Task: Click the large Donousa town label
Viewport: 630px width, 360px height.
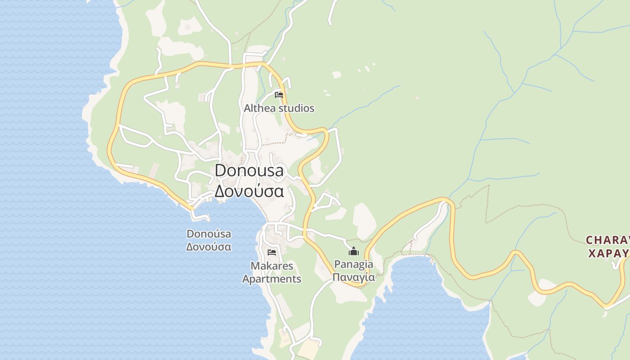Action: tap(249, 171)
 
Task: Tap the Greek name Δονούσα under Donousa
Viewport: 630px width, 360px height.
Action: tap(249, 191)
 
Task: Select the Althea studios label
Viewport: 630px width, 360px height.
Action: tap(279, 108)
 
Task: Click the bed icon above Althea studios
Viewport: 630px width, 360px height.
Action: tap(279, 94)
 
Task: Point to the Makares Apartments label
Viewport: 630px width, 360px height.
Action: tap(272, 272)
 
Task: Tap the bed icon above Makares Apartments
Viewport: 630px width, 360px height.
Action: tap(271, 252)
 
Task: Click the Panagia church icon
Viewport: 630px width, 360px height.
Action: tap(354, 251)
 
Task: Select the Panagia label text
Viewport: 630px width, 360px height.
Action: tap(354, 264)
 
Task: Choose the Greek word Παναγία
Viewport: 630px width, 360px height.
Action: tap(354, 277)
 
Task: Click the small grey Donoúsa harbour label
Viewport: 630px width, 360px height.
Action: tap(209, 234)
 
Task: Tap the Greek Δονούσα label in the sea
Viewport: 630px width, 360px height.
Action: tap(209, 247)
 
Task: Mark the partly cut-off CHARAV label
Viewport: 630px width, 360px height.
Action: tap(607, 240)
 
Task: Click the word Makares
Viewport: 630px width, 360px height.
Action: tap(272, 266)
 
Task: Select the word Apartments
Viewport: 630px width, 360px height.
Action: tap(272, 279)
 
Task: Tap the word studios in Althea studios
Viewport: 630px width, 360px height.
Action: tap(296, 108)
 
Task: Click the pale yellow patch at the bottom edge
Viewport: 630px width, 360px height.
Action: tap(309, 350)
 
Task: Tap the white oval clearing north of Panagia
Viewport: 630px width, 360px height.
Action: tap(364, 220)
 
